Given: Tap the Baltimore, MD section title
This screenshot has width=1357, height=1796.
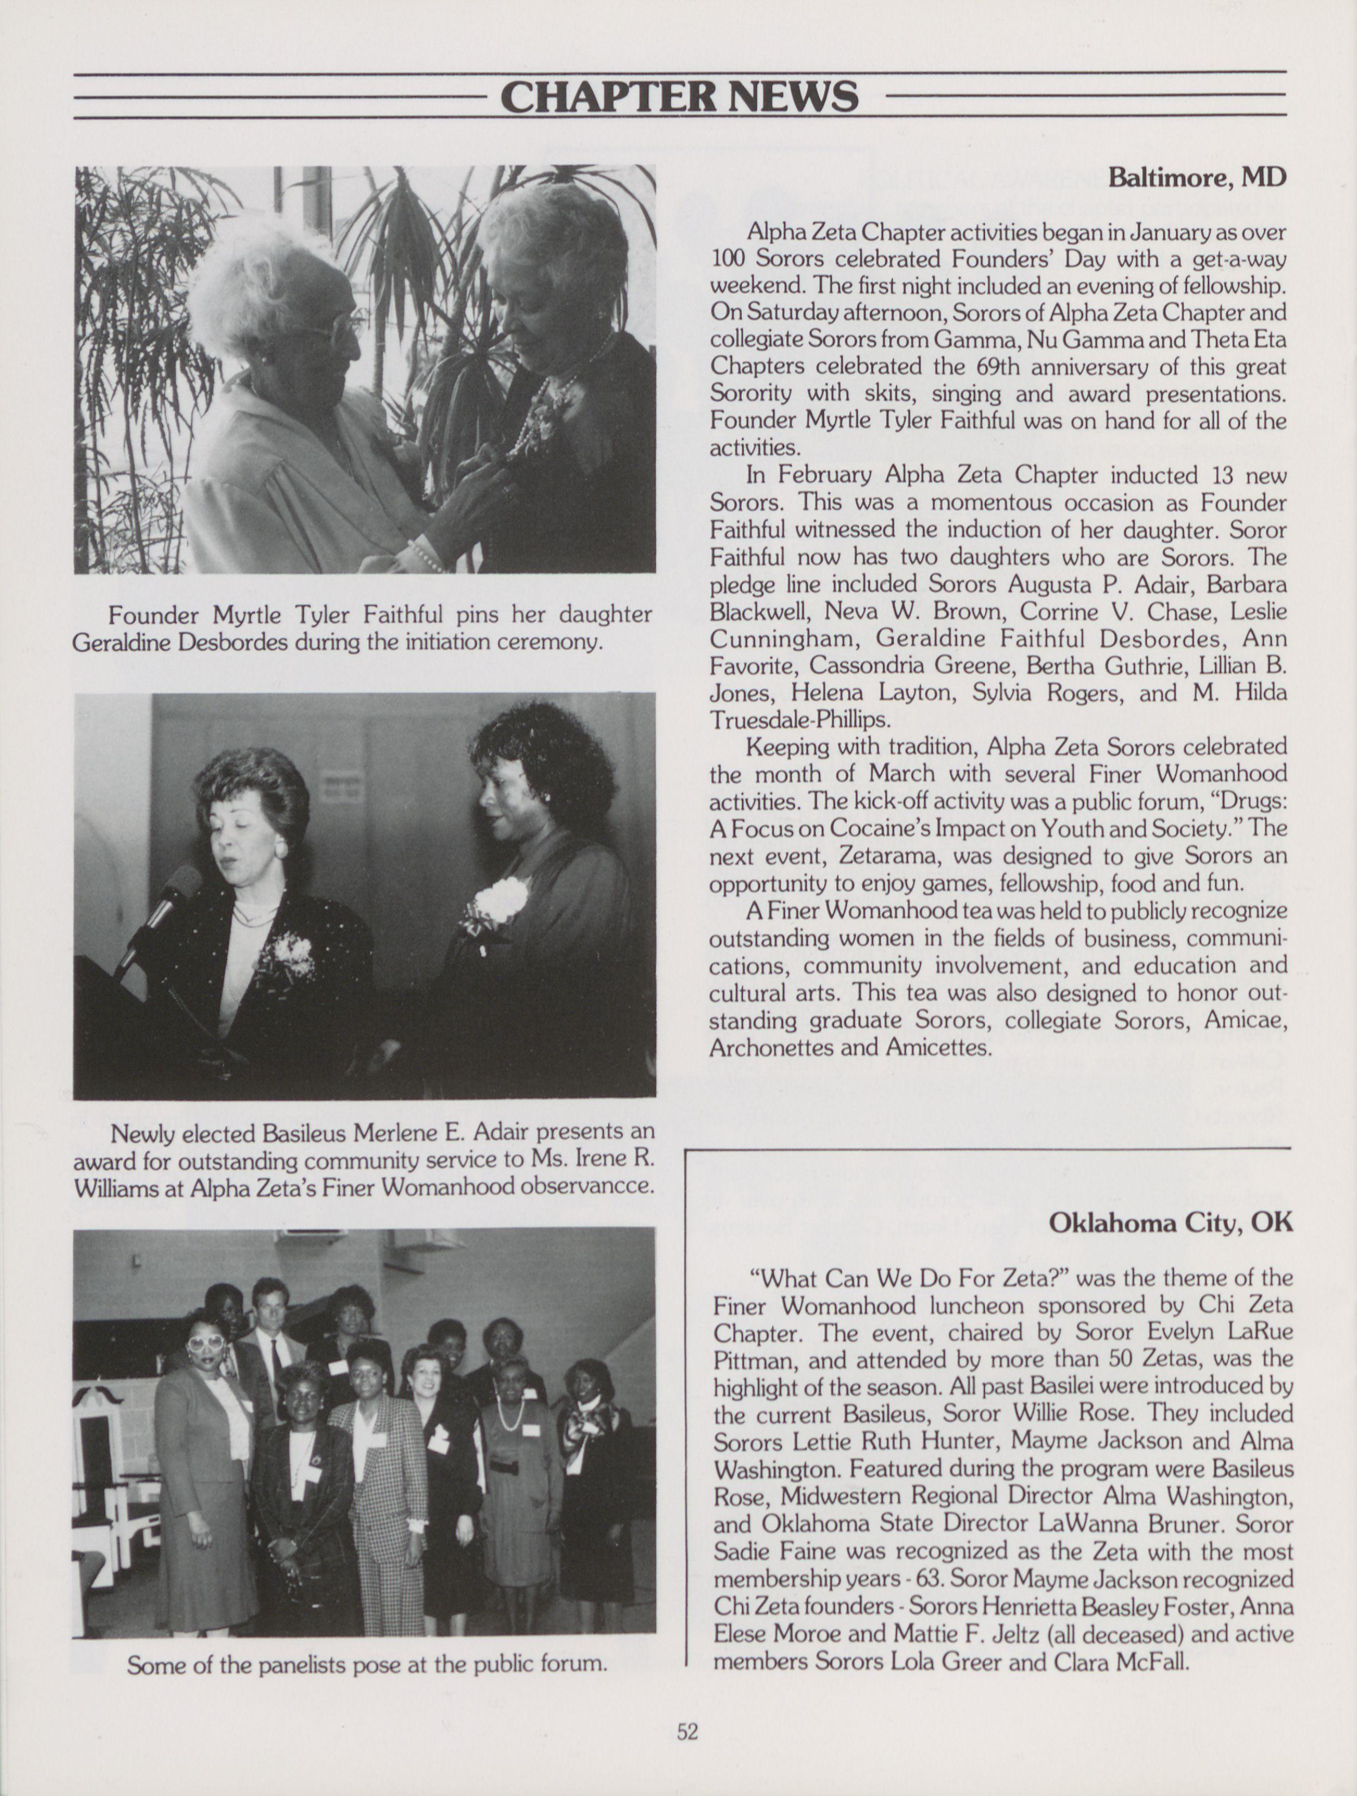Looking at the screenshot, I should coord(1197,177).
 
